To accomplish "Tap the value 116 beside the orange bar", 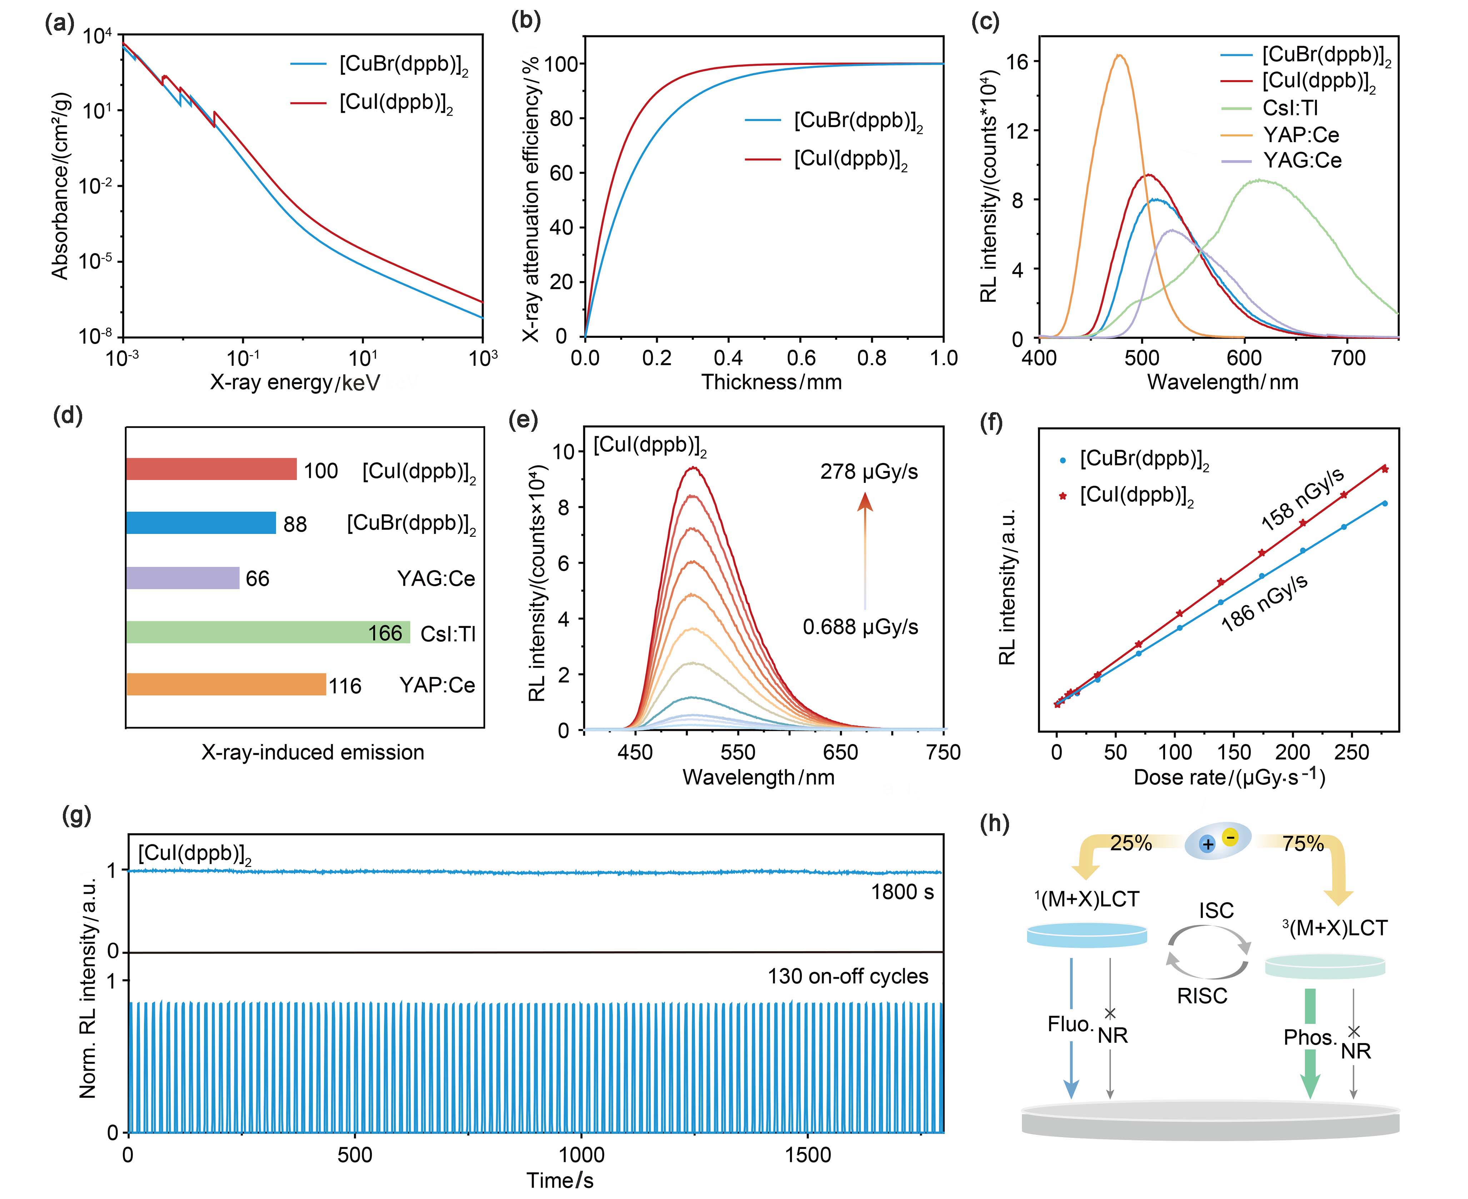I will (x=345, y=686).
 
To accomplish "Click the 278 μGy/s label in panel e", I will (x=869, y=472).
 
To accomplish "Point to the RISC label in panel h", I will (x=1202, y=996).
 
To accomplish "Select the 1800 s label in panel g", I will (x=902, y=892).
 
